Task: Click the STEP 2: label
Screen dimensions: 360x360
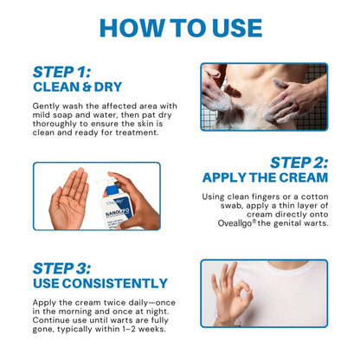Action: [x=298, y=162]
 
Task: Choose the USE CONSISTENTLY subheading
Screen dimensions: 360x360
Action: [x=100, y=283]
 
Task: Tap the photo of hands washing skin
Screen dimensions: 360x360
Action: [x=264, y=95]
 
